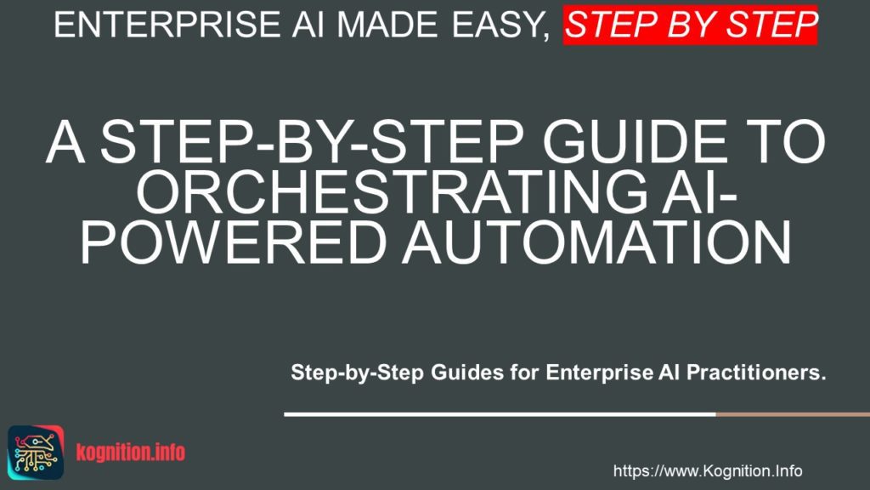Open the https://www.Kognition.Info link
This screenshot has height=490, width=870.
[708, 470]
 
